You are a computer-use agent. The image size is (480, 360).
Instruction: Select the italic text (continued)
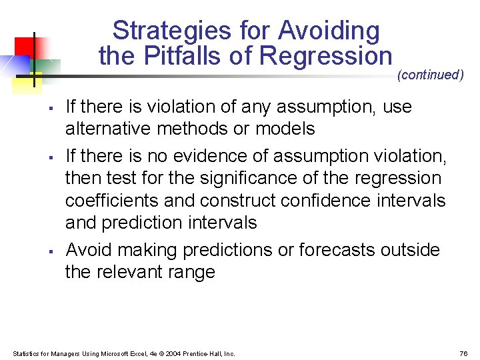(x=430, y=75)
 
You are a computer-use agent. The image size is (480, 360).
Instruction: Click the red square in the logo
(x=25, y=46)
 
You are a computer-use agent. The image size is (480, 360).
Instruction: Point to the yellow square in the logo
(x=28, y=79)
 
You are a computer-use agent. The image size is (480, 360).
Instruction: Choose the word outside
(x=411, y=250)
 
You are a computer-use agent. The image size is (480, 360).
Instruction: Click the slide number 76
(x=464, y=353)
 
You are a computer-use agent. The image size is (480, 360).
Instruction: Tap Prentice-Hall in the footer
(x=201, y=353)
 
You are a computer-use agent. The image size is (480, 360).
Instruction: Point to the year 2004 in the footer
(x=170, y=353)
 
